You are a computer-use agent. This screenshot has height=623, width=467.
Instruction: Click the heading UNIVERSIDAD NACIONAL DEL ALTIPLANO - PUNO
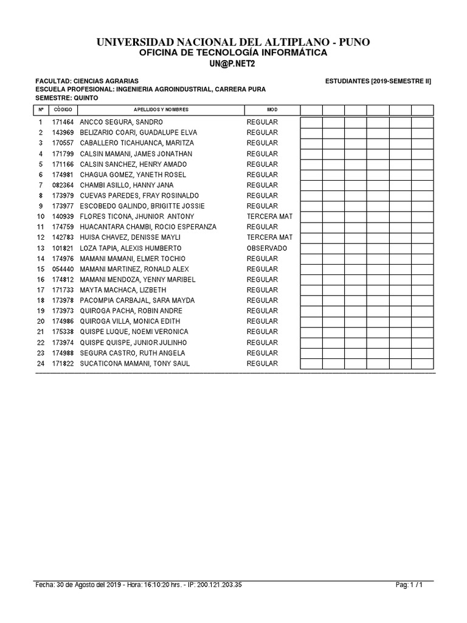pos(233,41)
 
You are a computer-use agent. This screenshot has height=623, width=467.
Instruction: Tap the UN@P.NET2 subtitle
pos(233,64)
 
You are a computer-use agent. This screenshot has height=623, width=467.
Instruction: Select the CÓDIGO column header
pos(63,110)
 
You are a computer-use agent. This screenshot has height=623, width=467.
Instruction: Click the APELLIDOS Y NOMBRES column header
pos(161,110)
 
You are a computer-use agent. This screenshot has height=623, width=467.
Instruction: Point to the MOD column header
pos(272,110)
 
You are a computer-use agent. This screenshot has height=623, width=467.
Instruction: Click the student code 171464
pos(63,122)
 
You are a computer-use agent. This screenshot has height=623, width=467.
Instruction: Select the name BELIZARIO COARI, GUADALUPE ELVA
pos(139,133)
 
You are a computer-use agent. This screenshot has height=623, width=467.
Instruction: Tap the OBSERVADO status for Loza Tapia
pos(267,248)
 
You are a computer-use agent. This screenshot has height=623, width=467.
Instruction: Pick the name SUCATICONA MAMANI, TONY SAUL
pos(135,363)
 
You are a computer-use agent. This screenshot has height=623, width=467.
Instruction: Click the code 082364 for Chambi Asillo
pos(63,185)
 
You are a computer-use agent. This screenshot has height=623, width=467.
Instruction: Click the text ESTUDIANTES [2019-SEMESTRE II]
pos(378,81)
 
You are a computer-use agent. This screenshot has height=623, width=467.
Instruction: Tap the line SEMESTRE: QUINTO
pos(63,97)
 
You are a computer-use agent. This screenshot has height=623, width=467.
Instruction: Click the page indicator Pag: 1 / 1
pos(409,585)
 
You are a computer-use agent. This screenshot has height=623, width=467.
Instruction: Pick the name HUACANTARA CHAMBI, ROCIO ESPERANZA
pos(148,227)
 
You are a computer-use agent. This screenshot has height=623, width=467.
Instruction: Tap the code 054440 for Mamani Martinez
pos(63,269)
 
